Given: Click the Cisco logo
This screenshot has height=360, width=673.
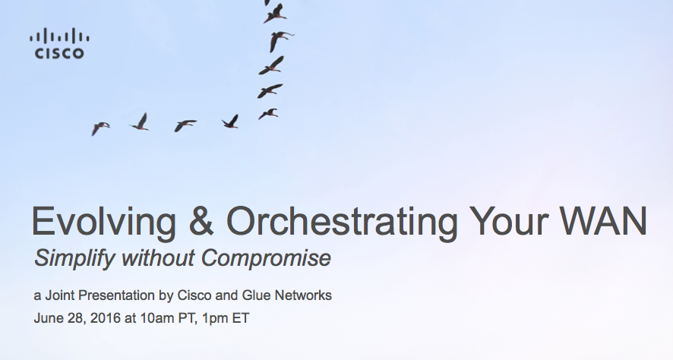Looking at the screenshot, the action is coord(59,43).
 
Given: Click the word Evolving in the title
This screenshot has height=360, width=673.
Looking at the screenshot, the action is coord(103,223).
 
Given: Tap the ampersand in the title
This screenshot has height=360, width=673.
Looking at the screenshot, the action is coord(201,221).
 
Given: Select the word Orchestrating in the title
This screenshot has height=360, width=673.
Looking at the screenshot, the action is coord(342,223).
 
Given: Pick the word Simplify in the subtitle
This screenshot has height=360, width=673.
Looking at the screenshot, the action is coord(74,258).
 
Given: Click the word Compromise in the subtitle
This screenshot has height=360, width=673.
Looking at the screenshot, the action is coord(266,258).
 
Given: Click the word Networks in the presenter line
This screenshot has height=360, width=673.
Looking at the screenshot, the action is coord(303,295).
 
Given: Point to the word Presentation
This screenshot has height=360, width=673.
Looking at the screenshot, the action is coord(117,295).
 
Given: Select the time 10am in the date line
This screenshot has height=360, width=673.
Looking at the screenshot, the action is coord(156,318).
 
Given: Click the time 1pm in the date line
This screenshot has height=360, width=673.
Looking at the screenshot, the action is coord(215,319).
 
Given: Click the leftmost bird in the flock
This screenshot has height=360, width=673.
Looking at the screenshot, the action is coord(100,128).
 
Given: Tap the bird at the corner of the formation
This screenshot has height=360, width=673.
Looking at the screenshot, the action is coord(268,114).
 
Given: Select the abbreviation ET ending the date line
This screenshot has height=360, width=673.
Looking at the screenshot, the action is coord(241,318).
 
